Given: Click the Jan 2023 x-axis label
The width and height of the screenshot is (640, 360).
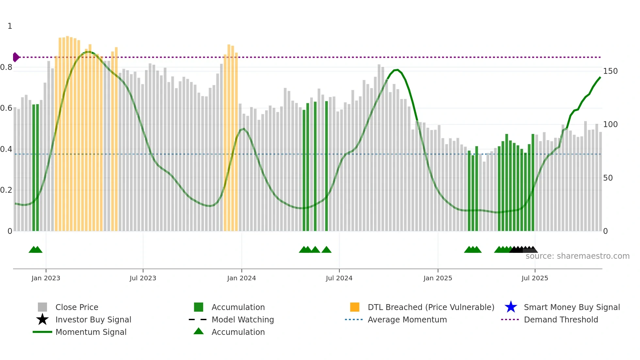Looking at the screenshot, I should [46, 278].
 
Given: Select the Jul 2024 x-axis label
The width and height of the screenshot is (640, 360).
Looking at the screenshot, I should [339, 278].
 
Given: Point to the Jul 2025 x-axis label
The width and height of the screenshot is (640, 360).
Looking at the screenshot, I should [535, 278].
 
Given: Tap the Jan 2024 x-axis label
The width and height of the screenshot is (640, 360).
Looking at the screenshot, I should [241, 278].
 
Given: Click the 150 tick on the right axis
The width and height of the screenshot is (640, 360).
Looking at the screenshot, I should [610, 71].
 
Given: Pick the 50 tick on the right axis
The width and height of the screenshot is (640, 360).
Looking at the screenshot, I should [608, 178].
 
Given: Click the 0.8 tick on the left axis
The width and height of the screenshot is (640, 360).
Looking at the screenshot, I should [6, 68].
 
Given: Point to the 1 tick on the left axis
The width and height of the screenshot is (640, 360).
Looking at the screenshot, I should [10, 26].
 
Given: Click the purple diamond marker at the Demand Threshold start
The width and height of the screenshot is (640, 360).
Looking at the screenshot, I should [16, 57].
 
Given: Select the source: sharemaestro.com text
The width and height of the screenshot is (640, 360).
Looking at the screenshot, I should [577, 256].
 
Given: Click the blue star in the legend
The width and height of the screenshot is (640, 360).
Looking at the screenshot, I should [511, 307].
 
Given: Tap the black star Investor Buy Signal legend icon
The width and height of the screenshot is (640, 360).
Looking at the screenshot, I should [42, 319].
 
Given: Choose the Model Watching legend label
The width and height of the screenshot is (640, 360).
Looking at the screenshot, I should [243, 319].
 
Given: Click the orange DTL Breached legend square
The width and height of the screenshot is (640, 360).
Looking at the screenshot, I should [355, 307].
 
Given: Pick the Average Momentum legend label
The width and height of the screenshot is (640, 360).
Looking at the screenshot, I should [407, 319].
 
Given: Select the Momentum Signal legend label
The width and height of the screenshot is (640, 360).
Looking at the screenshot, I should [91, 332].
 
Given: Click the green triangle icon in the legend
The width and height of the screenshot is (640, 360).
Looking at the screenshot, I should [199, 331].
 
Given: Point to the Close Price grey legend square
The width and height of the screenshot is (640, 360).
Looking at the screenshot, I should [42, 307].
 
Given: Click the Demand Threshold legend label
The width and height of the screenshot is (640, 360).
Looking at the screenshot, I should [561, 319].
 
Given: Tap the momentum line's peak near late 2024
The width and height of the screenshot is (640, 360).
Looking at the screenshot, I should [397, 70].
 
